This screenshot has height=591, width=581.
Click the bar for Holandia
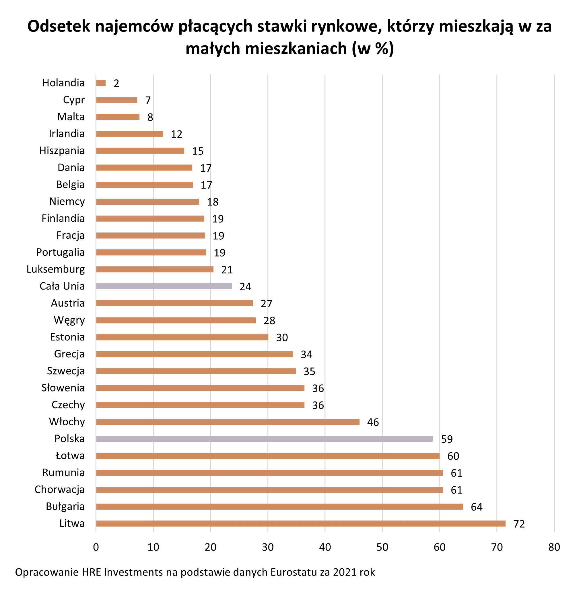[x=101, y=83]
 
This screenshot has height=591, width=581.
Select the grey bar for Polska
[x=264, y=439]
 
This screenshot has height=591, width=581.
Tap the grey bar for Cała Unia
[x=164, y=286]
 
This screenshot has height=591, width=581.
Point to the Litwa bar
[x=301, y=524]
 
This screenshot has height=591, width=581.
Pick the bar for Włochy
[x=228, y=422]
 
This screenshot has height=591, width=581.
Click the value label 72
[x=519, y=524]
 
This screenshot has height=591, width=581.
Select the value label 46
[x=373, y=422]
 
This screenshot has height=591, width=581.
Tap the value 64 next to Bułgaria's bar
[x=477, y=507]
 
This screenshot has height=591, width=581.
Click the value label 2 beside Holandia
[x=116, y=83]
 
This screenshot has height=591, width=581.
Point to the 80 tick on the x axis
[x=554, y=547]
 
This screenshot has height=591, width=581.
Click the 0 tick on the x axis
[x=96, y=547]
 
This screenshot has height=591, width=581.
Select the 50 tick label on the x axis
[x=382, y=547]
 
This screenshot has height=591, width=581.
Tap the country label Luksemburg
[x=56, y=269]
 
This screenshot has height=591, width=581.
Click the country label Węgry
[x=69, y=320]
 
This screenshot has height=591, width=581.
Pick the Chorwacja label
[x=59, y=490]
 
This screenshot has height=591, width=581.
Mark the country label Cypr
[x=73, y=100]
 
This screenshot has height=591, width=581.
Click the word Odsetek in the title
[x=59, y=27]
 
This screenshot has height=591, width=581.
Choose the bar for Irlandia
[x=129, y=134]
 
